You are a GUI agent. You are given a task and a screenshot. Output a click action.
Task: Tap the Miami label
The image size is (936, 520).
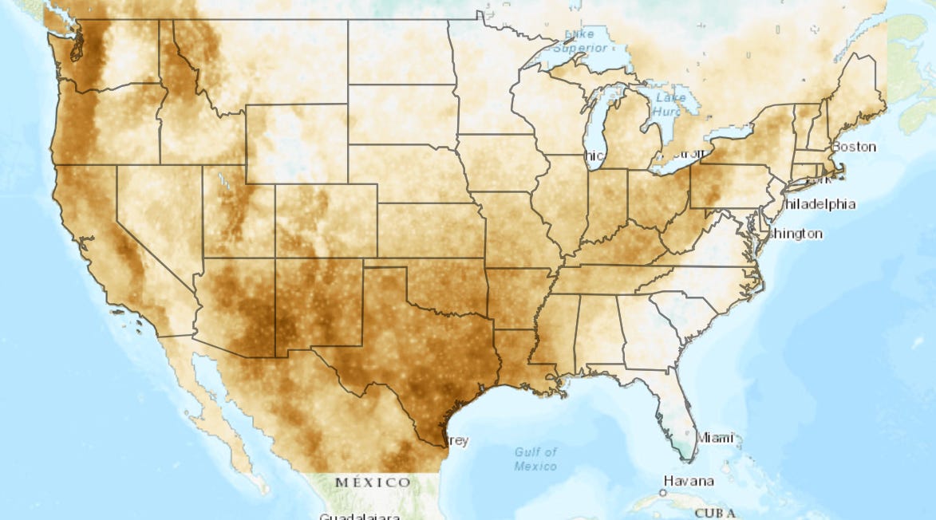coord(714,438)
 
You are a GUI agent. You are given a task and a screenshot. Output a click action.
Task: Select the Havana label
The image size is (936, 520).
coord(688,482)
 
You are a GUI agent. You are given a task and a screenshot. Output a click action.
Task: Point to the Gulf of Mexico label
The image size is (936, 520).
coord(535,459)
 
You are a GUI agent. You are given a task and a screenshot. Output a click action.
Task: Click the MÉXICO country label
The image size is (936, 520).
coord(373,483)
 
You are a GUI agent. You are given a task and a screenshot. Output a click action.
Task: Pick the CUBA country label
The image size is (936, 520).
coord(714,513)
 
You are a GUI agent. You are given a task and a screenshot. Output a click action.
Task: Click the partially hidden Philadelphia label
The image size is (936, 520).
coord(819,204)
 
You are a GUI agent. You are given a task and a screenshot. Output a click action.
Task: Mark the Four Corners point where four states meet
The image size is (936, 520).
coord(275,258)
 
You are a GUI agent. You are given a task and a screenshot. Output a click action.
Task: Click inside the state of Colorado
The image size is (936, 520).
coord(326,221)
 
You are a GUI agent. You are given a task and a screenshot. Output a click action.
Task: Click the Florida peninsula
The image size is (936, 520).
coord(671,407)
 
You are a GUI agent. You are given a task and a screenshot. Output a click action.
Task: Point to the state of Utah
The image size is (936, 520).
coord(235,211)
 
